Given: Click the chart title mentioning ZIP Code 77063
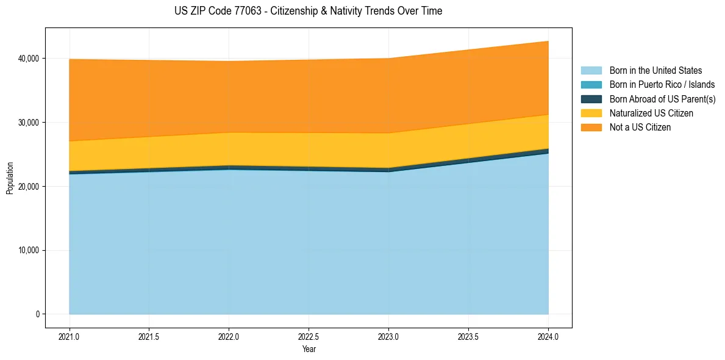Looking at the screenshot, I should (308, 11).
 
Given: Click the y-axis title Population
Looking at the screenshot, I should (10, 178).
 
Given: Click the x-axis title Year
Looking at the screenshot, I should (309, 349).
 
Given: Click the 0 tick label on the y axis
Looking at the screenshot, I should (37, 314).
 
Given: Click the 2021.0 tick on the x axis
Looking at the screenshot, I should (70, 336).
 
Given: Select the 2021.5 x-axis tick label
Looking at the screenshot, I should (149, 336).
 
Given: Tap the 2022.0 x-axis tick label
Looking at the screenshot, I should (229, 336).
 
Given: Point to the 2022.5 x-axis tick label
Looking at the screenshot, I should (309, 336).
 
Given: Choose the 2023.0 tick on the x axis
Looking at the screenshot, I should (388, 336).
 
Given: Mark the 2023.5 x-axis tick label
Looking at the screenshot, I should (468, 336).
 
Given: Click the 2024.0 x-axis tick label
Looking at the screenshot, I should (548, 336).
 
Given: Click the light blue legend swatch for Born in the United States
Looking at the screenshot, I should (591, 71).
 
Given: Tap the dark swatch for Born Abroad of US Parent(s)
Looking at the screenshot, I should (591, 99).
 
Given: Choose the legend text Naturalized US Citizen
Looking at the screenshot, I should (651, 113).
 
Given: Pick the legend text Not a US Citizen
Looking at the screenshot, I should (640, 128).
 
